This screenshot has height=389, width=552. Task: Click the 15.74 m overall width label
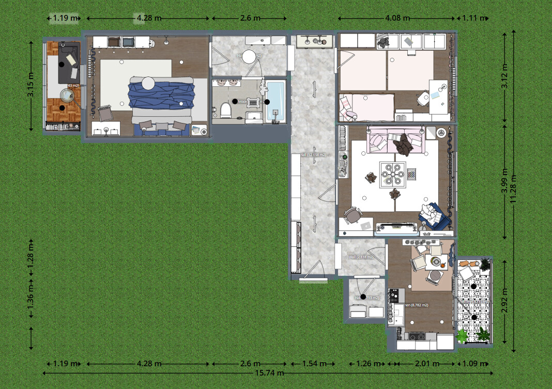pos(267,372)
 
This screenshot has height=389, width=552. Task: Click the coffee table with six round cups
pos(392,175)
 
